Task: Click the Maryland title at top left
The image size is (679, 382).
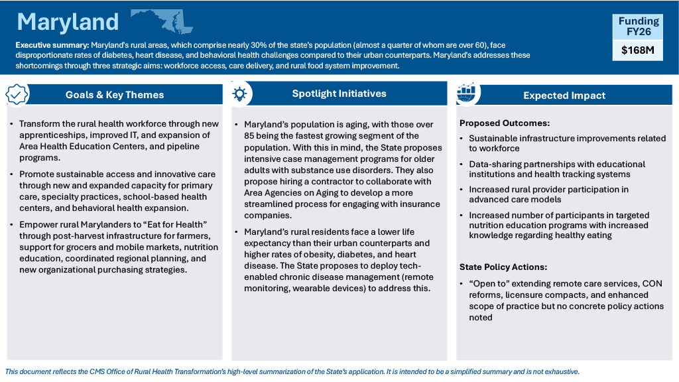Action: (x=68, y=22)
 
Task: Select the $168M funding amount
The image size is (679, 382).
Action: (x=637, y=50)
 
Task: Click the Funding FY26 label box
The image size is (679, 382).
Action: (x=637, y=27)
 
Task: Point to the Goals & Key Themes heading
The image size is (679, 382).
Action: (x=115, y=95)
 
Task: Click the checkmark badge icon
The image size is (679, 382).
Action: (x=17, y=94)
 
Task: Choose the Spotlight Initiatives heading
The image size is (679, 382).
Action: (x=339, y=94)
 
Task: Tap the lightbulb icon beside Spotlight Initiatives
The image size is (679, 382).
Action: (x=240, y=94)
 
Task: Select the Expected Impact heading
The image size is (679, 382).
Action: (x=564, y=95)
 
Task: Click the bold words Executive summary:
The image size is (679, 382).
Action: (x=50, y=45)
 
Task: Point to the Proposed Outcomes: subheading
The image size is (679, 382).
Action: (x=505, y=123)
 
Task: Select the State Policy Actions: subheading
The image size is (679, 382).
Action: (x=503, y=267)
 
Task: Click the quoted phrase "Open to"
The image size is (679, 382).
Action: (x=489, y=284)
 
